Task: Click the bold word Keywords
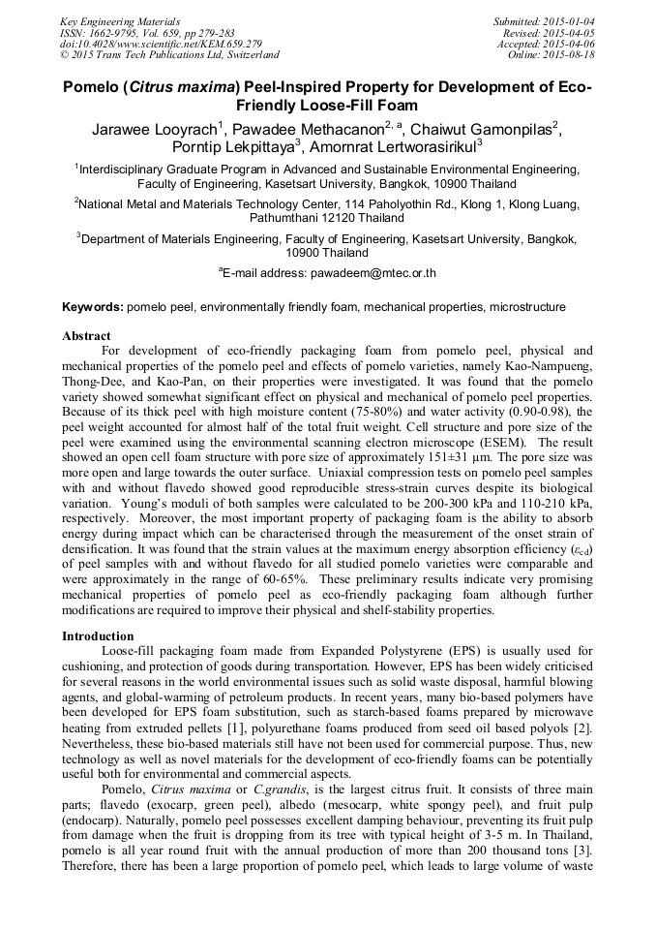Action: tap(93, 307)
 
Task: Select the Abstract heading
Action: tap(86, 336)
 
